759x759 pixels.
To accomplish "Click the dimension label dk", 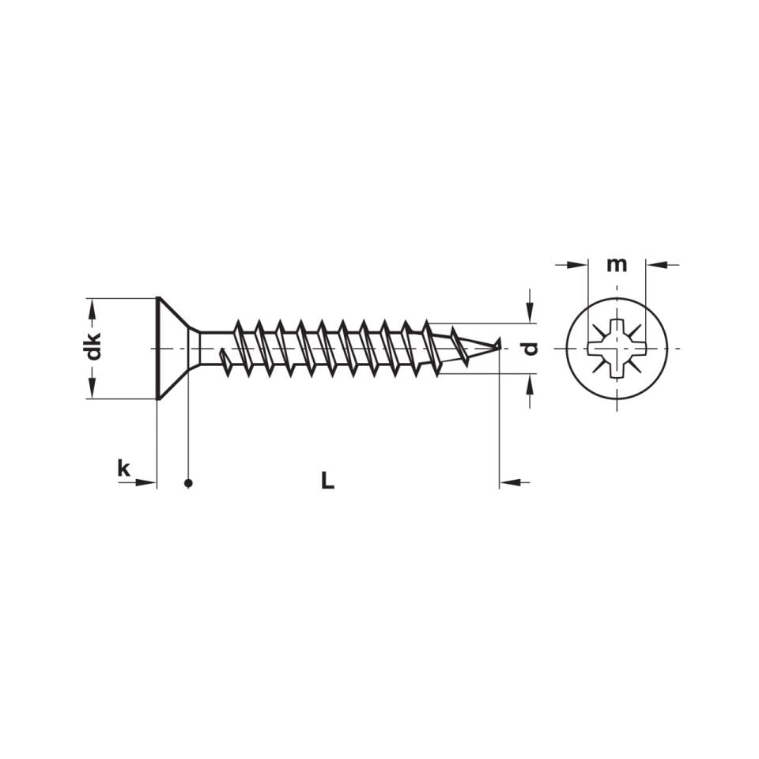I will pyautogui.click(x=94, y=348).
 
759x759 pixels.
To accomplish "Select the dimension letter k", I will pyautogui.click(x=123, y=468).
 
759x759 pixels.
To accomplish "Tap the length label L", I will pyautogui.click(x=327, y=480).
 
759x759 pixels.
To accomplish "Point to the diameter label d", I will pyautogui.click(x=531, y=348).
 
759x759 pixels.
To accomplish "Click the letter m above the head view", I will pyautogui.click(x=617, y=264).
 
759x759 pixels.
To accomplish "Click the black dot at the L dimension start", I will pyautogui.click(x=188, y=482).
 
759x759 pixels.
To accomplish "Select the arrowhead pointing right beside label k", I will pyautogui.click(x=147, y=481).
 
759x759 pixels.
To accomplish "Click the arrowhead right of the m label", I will pyautogui.click(x=655, y=264).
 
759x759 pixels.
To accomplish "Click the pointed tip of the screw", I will pyautogui.click(x=500, y=345).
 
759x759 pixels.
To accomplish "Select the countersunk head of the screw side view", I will pyautogui.click(x=170, y=348).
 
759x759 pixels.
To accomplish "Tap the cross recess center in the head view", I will pyautogui.click(x=617, y=348).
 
